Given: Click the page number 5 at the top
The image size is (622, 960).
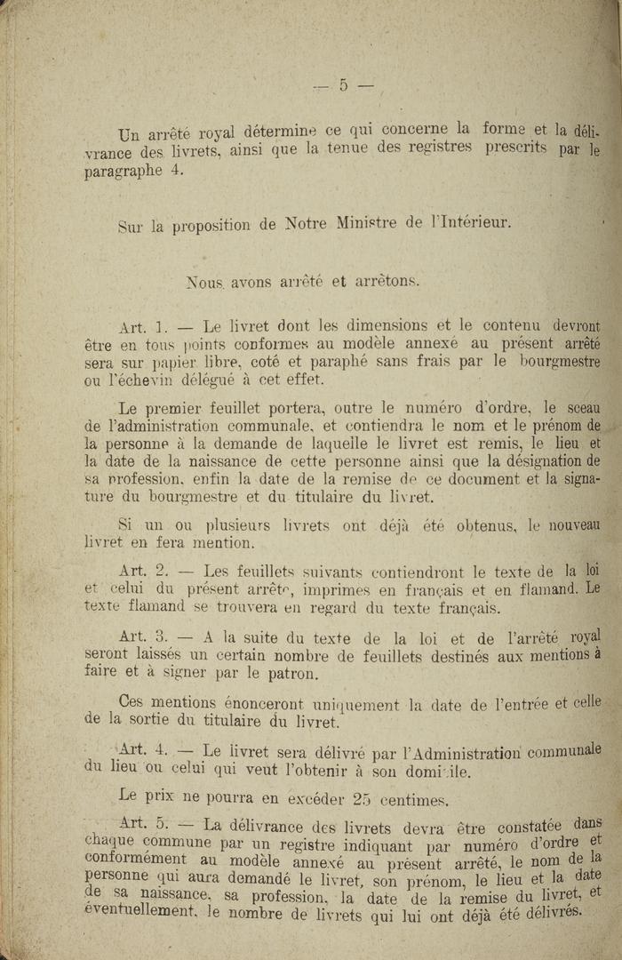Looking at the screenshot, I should (x=342, y=85).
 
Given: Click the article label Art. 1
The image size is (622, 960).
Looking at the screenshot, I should (x=143, y=327).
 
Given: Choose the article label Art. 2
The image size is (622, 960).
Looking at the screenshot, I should (x=143, y=571).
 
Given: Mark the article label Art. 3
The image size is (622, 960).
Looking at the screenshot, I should (x=143, y=636).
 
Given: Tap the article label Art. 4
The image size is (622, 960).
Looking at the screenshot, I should (x=143, y=751).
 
